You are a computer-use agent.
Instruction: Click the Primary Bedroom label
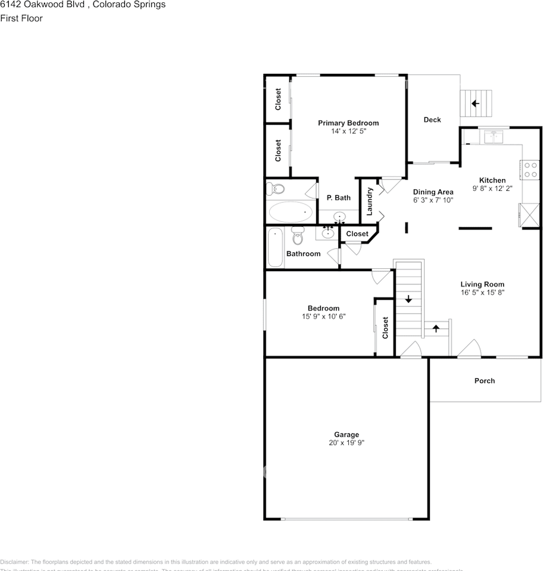point(348,123)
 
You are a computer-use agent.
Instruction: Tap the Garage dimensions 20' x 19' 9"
point(346,443)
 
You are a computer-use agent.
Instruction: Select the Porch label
point(484,381)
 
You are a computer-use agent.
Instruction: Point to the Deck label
point(432,120)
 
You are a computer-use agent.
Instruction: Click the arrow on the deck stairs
point(475,103)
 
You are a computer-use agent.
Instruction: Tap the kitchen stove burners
point(530,170)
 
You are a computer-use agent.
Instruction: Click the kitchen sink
point(494,137)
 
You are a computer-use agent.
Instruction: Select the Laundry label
point(369,201)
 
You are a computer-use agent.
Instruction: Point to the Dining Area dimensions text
point(433,200)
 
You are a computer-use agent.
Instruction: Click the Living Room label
point(482,284)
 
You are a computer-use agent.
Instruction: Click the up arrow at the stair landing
point(436,327)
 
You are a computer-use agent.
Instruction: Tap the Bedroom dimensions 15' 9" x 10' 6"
point(324,316)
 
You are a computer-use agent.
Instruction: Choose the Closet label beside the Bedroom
point(386,328)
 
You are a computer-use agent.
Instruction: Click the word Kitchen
point(492,180)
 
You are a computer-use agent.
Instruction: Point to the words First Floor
point(21,18)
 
